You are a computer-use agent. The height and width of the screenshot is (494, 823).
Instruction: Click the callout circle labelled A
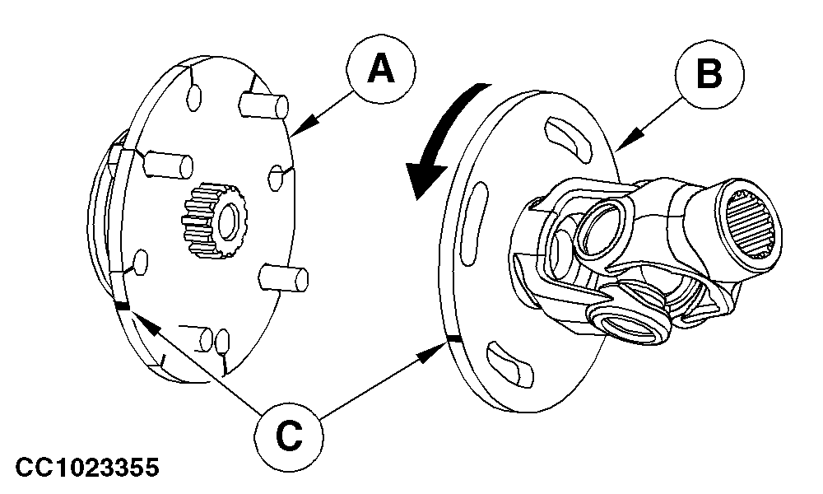point(380,69)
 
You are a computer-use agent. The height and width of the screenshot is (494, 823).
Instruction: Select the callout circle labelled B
point(709,74)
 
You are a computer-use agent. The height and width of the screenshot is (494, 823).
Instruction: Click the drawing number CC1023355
point(87,467)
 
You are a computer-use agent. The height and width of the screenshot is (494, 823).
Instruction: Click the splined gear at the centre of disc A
point(215,221)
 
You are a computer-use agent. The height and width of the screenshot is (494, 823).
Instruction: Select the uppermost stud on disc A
point(263,105)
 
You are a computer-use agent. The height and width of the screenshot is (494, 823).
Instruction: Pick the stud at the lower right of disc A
point(284,277)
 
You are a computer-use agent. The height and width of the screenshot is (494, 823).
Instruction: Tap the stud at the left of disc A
point(168,164)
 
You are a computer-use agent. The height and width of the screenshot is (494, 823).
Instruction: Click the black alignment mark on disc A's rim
point(123,306)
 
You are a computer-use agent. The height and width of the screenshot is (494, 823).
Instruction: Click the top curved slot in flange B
point(568,136)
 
